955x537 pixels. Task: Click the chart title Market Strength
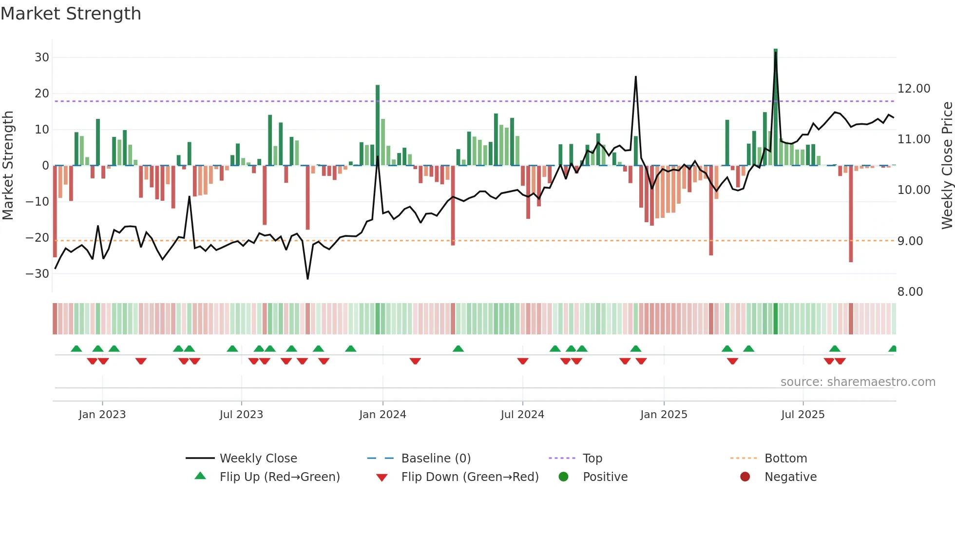point(71,14)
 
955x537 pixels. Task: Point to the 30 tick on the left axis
point(42,58)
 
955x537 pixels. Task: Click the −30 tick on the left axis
point(38,274)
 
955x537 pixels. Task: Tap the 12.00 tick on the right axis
point(914,89)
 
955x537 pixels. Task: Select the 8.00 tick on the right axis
point(910,292)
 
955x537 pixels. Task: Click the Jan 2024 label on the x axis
point(382,415)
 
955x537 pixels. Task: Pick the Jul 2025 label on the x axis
point(802,415)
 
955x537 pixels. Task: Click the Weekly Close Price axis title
point(947,166)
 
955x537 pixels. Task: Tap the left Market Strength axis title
point(8,166)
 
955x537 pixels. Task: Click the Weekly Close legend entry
point(258,459)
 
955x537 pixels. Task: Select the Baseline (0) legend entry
point(436,459)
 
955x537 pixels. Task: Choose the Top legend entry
point(592,459)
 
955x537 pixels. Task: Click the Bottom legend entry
point(785,459)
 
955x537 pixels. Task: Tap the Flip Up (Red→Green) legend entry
point(279,477)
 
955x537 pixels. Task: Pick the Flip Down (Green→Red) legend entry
point(470,477)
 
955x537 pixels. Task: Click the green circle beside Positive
point(564,477)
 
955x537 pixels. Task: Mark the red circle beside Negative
point(745,477)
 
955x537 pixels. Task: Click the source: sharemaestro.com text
point(858,382)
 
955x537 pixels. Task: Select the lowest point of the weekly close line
point(307,279)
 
